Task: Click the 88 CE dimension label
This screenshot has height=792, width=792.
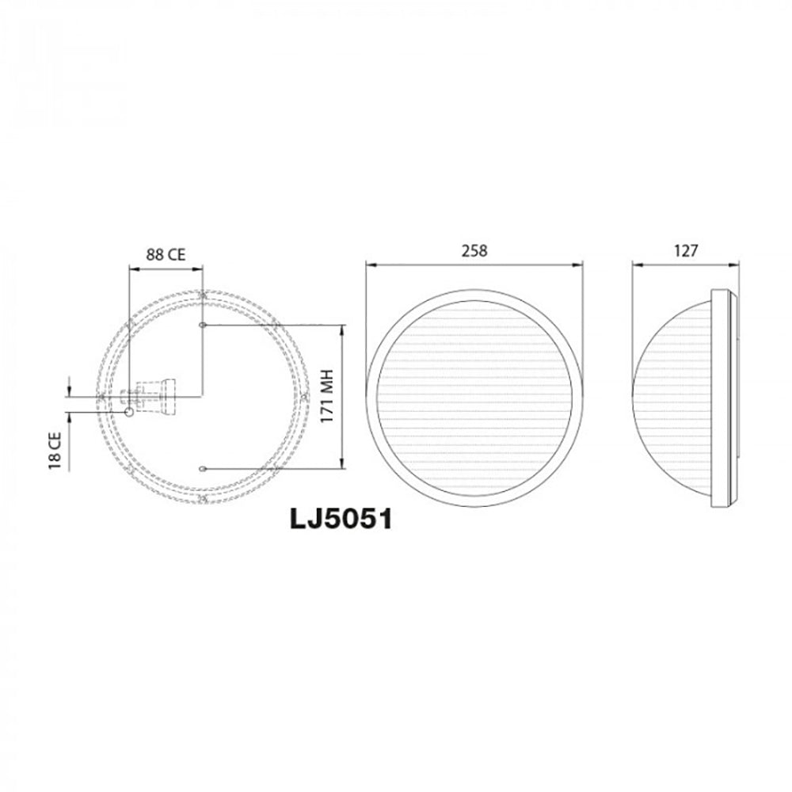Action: pyautogui.click(x=166, y=254)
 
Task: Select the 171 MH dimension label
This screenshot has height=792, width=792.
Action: pyautogui.click(x=326, y=397)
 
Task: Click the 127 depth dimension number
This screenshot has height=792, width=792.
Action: pyautogui.click(x=686, y=251)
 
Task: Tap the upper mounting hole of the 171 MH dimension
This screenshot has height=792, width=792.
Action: pyautogui.click(x=204, y=325)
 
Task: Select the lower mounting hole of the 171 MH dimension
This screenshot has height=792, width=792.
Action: pyautogui.click(x=204, y=468)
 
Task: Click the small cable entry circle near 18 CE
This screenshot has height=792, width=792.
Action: pyautogui.click(x=129, y=412)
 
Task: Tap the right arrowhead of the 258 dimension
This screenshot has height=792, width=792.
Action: pyautogui.click(x=581, y=267)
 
